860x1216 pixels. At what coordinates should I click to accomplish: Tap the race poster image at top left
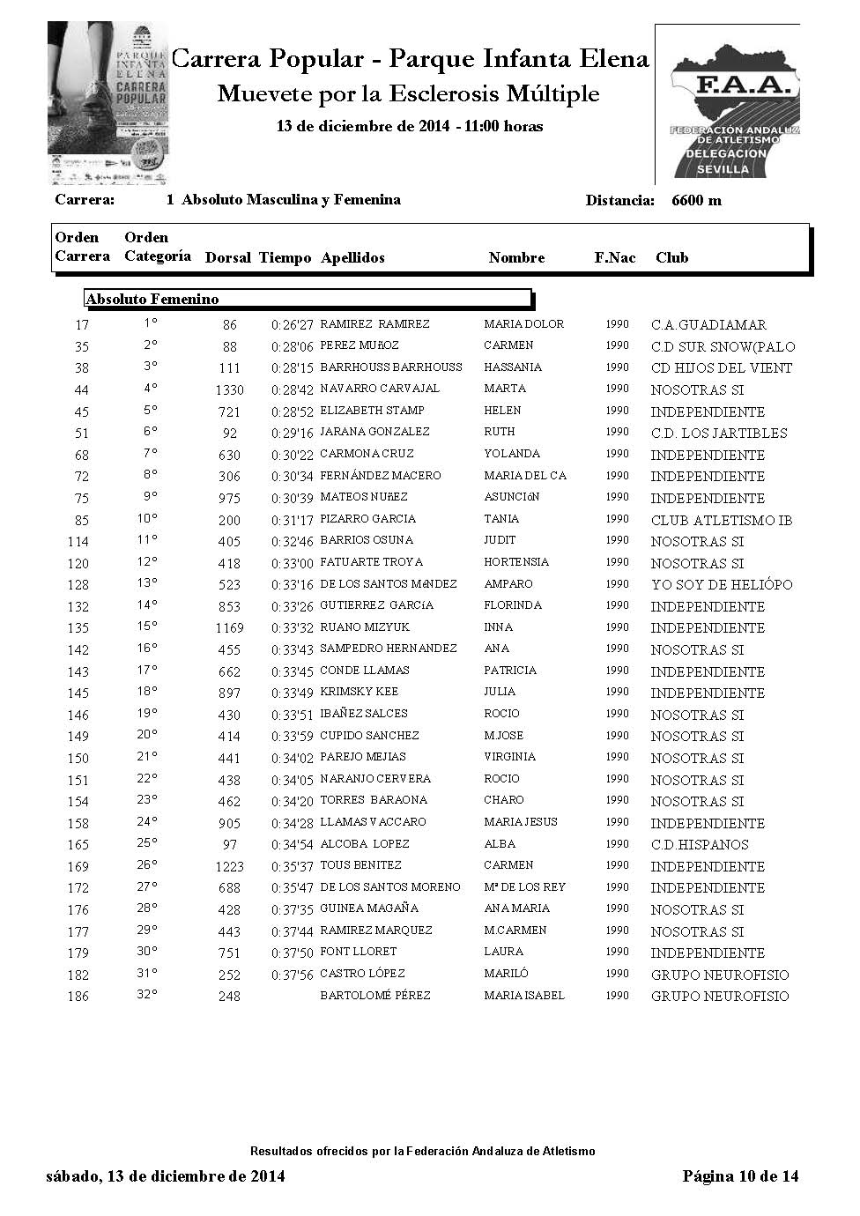tap(108, 103)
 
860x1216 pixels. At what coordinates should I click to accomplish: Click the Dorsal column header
tap(228, 258)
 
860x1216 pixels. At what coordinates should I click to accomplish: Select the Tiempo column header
tap(285, 258)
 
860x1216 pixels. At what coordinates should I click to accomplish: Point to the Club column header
tap(671, 258)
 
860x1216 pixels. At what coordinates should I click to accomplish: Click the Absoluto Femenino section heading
tap(152, 300)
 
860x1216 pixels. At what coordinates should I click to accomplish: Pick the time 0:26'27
tap(292, 325)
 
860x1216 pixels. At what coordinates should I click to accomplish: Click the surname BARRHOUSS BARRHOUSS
tap(390, 367)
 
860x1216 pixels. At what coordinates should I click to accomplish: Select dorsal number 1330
tap(229, 389)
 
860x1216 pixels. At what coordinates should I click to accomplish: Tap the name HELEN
tap(502, 411)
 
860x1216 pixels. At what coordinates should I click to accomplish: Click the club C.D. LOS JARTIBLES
tap(718, 434)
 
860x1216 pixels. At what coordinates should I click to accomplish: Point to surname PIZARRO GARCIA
tap(367, 519)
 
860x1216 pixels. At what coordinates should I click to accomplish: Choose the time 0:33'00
tap(292, 563)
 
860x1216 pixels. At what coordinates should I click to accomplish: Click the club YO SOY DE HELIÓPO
tap(721, 584)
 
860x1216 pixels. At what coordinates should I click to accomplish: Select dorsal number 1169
tap(229, 628)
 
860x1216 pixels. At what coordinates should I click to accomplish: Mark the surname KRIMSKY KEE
tap(359, 693)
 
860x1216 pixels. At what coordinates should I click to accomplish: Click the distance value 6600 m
tap(696, 201)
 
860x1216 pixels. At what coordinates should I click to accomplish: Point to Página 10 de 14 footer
tap(740, 1176)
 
